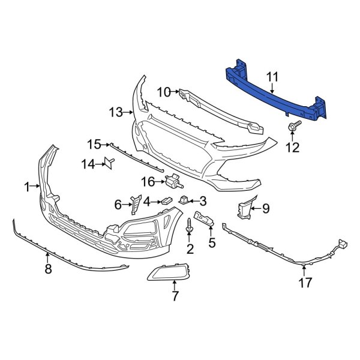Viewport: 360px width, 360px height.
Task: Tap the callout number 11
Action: coord(273,77)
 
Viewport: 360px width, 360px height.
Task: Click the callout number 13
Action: coord(116,112)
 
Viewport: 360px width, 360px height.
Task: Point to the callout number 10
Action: coord(164,92)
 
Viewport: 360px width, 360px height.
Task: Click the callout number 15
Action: coord(94,144)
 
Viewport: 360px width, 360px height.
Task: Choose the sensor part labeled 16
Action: coord(175,180)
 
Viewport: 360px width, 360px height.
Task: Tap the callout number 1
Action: coord(26,188)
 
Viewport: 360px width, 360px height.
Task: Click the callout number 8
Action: coord(48,269)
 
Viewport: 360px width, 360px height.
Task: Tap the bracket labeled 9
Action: coord(244,211)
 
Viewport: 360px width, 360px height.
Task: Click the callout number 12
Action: coord(292,148)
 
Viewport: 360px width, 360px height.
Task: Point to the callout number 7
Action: coord(175,296)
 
